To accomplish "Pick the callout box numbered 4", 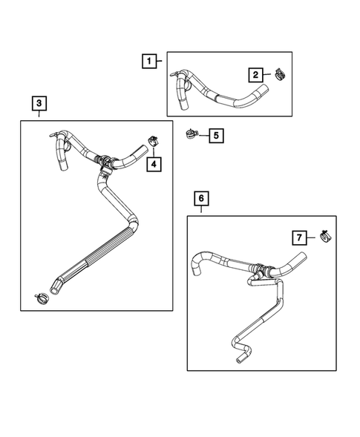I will point(153,163).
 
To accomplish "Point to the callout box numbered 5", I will point(215,136).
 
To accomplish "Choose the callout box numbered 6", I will point(201,198).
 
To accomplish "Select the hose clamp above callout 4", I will point(154,139).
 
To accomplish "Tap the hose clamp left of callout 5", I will point(192,134).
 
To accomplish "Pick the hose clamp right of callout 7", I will point(324,237).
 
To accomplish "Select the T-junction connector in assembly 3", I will point(106,162).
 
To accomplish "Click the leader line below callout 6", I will point(201,210).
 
